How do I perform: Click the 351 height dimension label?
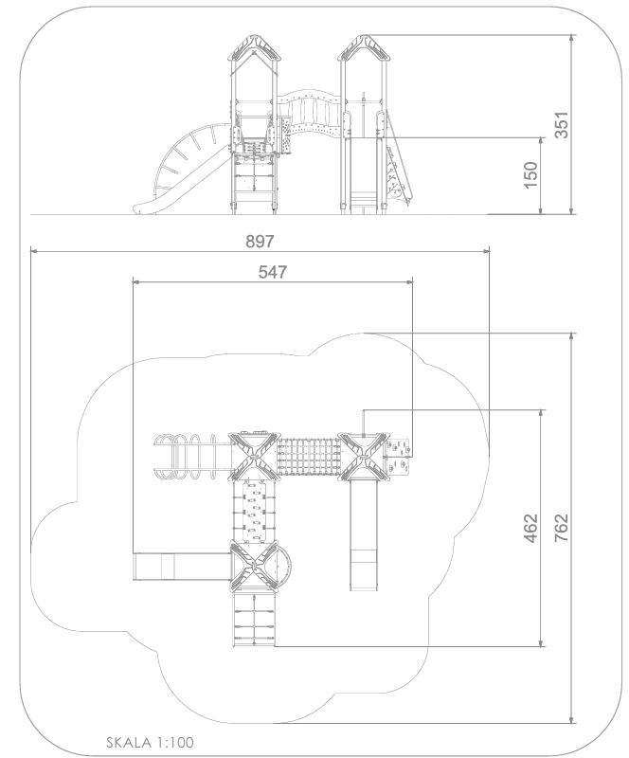[x=562, y=125]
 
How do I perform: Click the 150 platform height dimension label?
[x=530, y=175]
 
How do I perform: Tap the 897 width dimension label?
[x=260, y=242]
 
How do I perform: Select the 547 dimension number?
[x=273, y=272]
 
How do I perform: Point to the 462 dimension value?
[x=530, y=529]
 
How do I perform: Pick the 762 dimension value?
[x=562, y=528]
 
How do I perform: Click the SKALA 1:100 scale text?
[x=150, y=742]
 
